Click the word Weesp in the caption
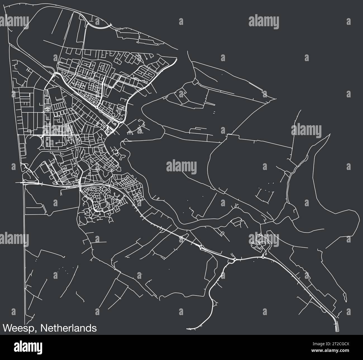[19, 328]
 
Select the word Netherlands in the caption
[69, 328]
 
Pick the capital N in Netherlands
[43, 328]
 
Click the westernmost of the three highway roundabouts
[201, 246]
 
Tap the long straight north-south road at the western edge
[25, 251]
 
